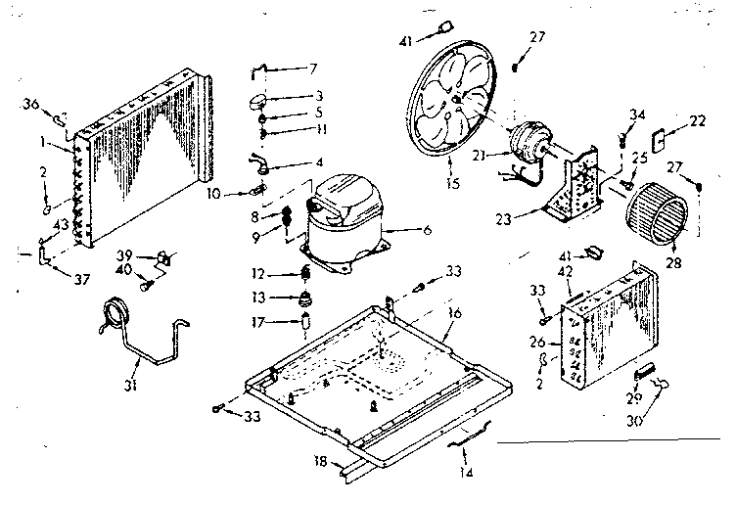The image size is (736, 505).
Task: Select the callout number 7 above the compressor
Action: click(x=313, y=69)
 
